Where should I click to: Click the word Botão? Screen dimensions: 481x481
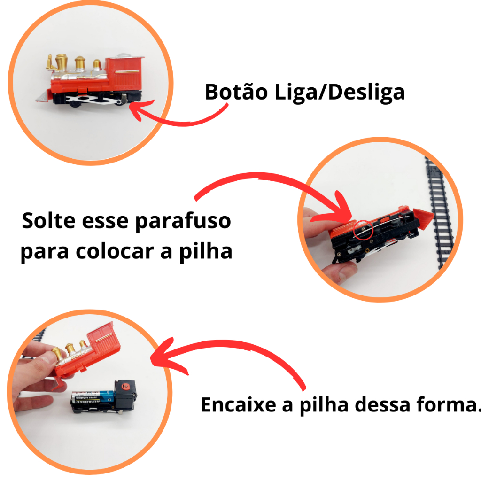pyautogui.click(x=236, y=92)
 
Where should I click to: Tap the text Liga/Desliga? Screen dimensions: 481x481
pyautogui.click(x=339, y=93)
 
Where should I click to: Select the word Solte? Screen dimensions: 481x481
pyautogui.click(x=48, y=220)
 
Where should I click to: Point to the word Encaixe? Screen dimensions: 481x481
pyautogui.click(x=238, y=404)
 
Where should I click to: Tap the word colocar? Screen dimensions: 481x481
pyautogui.click(x=115, y=251)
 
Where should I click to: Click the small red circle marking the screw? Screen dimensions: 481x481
pyautogui.click(x=363, y=229)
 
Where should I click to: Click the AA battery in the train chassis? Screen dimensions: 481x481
pyautogui.click(x=93, y=396)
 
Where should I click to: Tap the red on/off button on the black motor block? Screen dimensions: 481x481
pyautogui.click(x=125, y=386)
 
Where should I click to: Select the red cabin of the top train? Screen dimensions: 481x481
pyautogui.click(x=124, y=74)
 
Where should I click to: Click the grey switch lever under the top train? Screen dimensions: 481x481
pyautogui.click(x=124, y=100)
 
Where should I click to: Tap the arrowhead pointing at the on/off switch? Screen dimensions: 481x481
pyautogui.click(x=140, y=109)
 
